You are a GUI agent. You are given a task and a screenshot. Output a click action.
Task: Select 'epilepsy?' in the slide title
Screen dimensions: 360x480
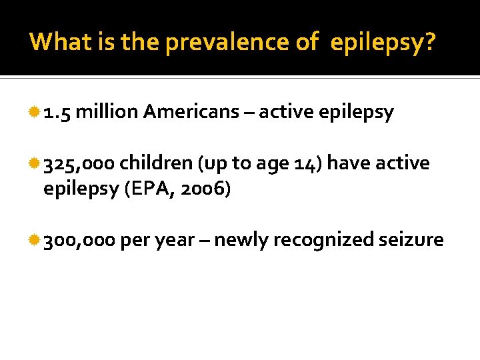click(383, 43)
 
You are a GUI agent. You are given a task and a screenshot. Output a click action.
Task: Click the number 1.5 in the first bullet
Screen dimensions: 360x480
click(57, 113)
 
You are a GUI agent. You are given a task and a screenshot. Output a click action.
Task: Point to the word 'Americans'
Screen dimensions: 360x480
click(191, 113)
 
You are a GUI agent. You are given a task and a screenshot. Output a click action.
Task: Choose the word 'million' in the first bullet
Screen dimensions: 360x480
click(107, 113)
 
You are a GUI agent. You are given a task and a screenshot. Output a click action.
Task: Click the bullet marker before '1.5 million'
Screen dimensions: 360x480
click(35, 113)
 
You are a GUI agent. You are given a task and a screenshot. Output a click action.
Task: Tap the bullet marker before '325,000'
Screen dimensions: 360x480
click(35, 163)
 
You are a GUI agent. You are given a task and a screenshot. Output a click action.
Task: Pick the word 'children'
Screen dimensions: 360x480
click(151, 163)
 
